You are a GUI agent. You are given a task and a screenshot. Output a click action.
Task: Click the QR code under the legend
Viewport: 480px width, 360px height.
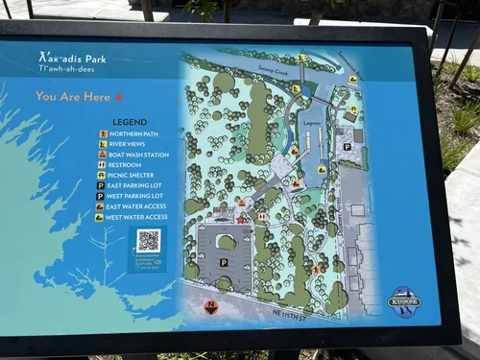147,240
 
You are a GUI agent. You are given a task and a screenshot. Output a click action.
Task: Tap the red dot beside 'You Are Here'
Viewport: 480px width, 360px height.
119,97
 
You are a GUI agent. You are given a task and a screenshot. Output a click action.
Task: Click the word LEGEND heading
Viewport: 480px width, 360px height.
130,122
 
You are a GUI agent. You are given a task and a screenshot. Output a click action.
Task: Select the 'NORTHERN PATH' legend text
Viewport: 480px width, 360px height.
133,133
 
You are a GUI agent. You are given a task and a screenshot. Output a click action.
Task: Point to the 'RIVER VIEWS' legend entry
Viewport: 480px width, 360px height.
129,144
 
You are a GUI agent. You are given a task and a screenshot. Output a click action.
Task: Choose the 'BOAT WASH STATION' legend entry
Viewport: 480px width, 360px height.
139,155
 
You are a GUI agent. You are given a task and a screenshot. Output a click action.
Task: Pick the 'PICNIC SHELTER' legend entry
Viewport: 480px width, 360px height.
132,176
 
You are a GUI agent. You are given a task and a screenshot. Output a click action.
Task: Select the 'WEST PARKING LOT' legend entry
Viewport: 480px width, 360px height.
136,196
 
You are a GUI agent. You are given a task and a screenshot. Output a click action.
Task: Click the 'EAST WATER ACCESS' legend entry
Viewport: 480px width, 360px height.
138,206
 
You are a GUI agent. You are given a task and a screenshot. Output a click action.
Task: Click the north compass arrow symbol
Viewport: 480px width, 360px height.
211,307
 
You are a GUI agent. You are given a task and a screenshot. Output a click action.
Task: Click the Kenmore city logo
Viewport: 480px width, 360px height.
404,301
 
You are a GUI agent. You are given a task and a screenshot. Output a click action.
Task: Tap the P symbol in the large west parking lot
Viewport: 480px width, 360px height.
224,262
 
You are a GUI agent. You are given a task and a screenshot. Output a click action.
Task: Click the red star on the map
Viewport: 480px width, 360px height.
240,220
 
